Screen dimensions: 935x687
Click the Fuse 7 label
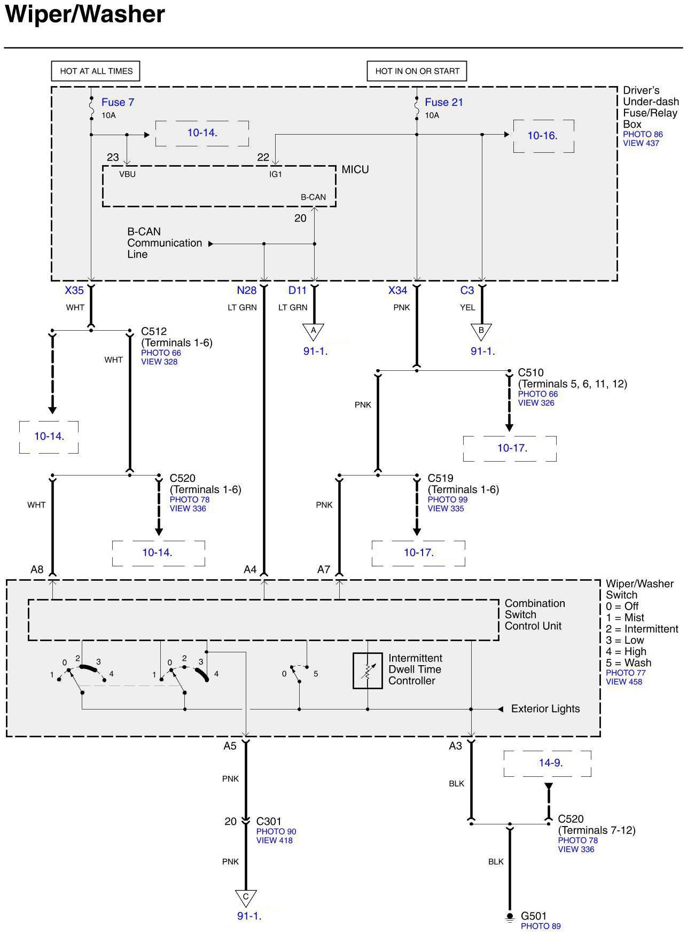click(x=118, y=102)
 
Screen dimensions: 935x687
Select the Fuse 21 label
click(x=443, y=102)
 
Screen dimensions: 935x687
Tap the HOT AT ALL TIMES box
click(x=96, y=71)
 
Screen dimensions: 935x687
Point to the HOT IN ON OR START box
click(x=417, y=71)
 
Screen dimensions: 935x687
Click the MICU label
click(x=355, y=169)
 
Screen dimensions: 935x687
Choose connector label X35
click(x=74, y=290)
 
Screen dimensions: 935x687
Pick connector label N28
click(x=247, y=290)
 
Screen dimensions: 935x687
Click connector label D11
click(x=298, y=290)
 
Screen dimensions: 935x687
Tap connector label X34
click(x=397, y=290)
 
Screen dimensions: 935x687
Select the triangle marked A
click(x=314, y=331)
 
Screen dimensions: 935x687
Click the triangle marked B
click(x=481, y=331)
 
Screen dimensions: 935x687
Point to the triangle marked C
click(x=246, y=898)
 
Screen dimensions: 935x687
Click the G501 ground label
click(x=534, y=916)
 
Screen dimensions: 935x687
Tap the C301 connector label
click(x=269, y=821)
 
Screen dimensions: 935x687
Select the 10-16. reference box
click(x=543, y=136)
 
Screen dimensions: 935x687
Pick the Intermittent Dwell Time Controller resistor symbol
click(x=368, y=671)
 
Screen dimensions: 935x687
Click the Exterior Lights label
click(x=545, y=709)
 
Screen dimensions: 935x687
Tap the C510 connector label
click(x=530, y=372)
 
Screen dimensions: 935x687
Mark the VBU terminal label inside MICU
click(x=127, y=174)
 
